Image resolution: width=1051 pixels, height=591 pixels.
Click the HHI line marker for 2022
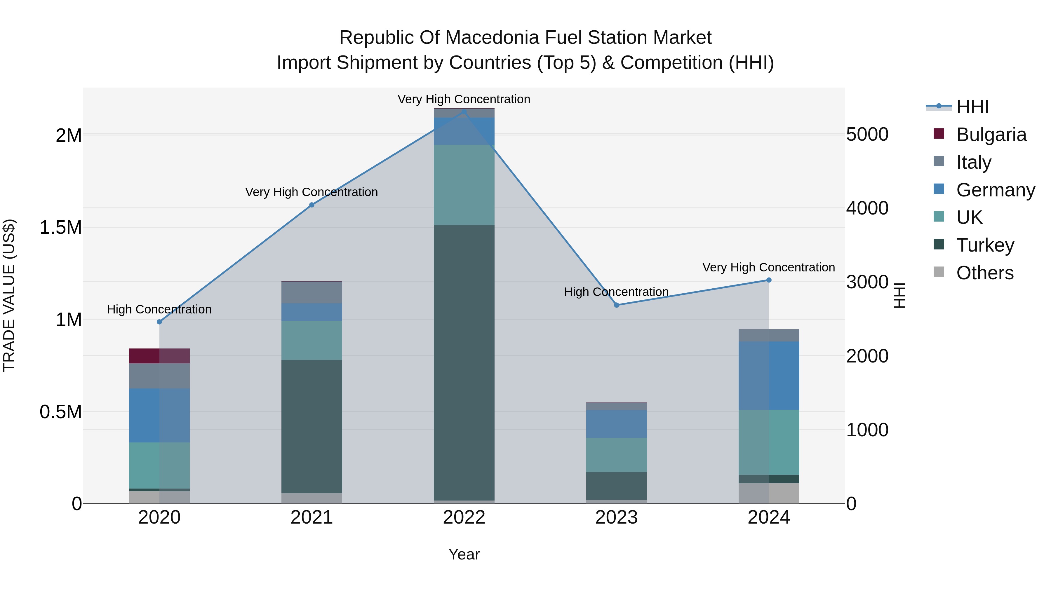pyautogui.click(x=464, y=111)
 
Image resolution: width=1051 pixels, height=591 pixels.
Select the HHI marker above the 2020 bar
pyautogui.click(x=159, y=322)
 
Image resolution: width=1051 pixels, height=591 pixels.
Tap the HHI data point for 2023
pyautogui.click(x=617, y=305)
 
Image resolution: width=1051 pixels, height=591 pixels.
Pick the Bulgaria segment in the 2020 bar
pyautogui.click(x=159, y=356)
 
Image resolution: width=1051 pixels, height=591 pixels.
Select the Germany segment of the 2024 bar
pyautogui.click(x=769, y=375)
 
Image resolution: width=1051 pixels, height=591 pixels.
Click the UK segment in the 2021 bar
pyautogui.click(x=312, y=340)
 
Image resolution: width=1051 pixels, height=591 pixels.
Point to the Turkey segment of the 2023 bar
pyautogui.click(x=617, y=485)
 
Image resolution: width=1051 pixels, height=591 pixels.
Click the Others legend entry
pyautogui.click(x=984, y=273)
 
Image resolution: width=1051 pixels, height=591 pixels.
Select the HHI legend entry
pyautogui.click(x=972, y=107)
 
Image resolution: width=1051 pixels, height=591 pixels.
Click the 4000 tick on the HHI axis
pyautogui.click(x=867, y=208)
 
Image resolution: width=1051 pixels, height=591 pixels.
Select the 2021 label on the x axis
pyautogui.click(x=312, y=517)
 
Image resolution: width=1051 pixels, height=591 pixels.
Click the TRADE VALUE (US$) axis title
pyautogui.click(x=9, y=295)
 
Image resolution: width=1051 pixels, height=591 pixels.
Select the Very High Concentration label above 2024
pyautogui.click(x=768, y=268)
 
